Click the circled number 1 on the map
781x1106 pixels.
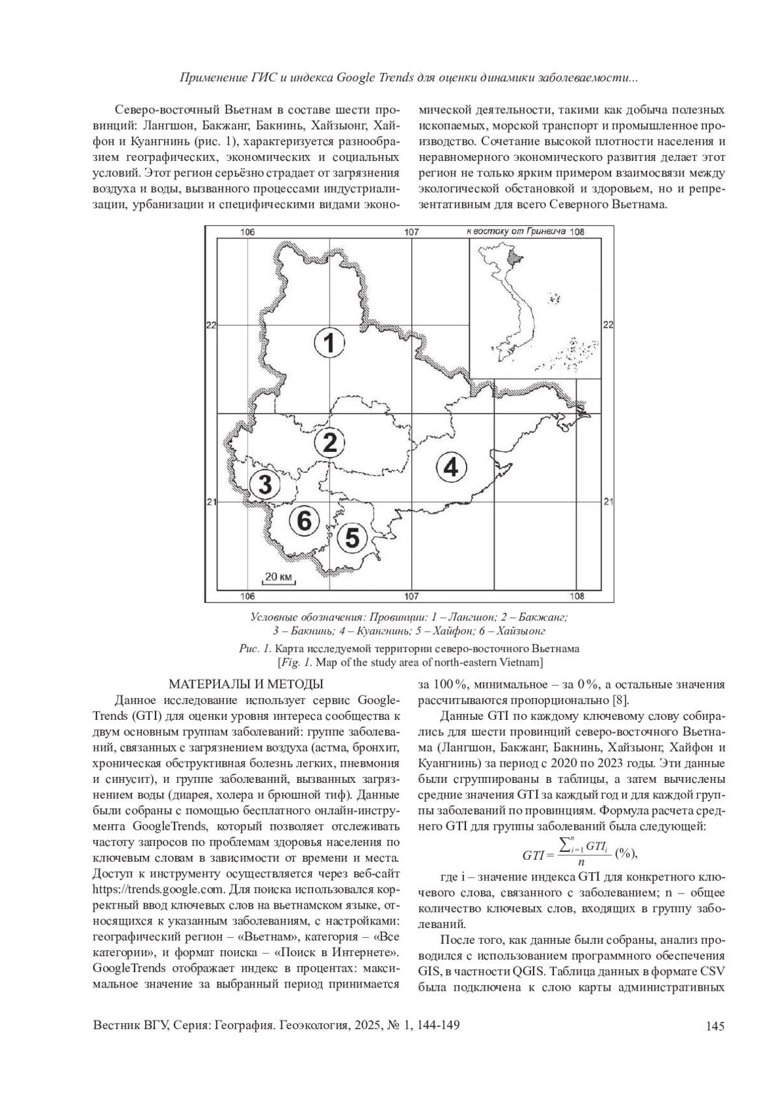[x=329, y=343]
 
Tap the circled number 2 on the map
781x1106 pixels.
[x=329, y=443]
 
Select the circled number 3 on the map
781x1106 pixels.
[x=266, y=485]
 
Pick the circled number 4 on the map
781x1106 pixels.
[x=451, y=467]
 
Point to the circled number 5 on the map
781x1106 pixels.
[x=352, y=538]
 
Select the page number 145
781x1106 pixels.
[x=715, y=1027]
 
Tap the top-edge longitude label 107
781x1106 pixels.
[x=411, y=233]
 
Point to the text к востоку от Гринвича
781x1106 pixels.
[x=515, y=231]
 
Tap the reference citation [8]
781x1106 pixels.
[x=621, y=700]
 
